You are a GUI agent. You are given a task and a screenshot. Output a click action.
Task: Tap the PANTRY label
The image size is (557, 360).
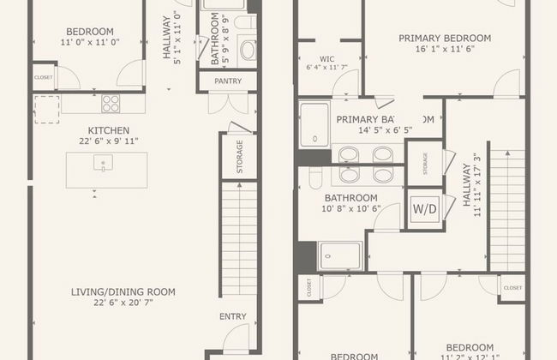[x=228, y=81]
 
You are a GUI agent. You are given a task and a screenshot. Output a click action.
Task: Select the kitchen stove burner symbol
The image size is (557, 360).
[x=111, y=104]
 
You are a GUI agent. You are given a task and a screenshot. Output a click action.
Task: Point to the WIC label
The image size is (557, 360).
[x=327, y=59]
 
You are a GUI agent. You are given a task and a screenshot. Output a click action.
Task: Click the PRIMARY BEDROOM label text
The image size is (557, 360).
[x=445, y=38]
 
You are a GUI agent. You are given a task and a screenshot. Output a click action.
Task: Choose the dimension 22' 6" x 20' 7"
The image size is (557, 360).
[x=123, y=304]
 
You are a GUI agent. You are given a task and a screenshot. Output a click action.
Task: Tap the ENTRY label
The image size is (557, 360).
[x=232, y=316]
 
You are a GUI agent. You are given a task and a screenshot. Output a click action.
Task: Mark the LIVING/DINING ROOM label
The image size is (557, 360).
[x=123, y=292]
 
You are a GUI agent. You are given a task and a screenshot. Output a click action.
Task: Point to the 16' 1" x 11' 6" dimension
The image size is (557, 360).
[x=445, y=51]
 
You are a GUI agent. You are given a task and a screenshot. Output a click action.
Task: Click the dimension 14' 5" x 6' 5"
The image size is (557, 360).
[x=373, y=131]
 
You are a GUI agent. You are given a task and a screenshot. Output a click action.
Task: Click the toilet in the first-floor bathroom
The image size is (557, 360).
[x=247, y=51]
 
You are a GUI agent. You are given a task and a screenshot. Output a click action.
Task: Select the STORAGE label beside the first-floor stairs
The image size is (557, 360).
[x=239, y=157]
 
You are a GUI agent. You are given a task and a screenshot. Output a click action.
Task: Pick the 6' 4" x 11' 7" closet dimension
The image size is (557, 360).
[x=327, y=68]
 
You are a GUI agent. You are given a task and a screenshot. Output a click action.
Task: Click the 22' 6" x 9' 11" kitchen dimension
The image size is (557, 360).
[x=103, y=141]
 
